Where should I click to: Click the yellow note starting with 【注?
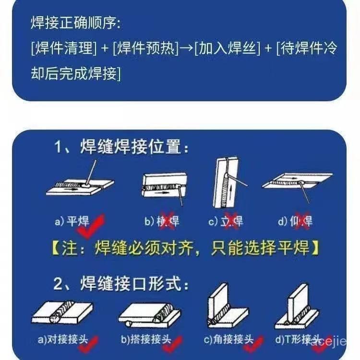tap(185, 249)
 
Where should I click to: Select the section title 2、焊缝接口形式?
tap(120, 284)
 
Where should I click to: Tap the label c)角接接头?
tap(228, 340)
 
